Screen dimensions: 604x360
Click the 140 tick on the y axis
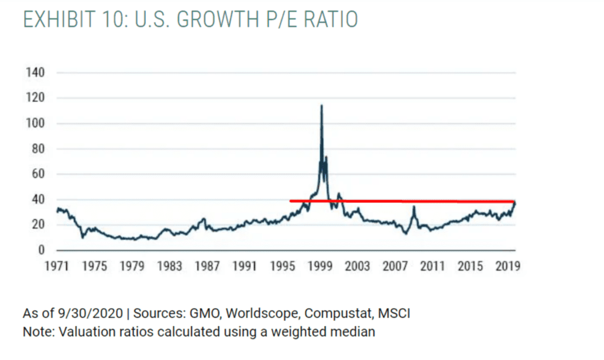tap(35, 73)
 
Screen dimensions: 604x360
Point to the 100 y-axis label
tap(35, 123)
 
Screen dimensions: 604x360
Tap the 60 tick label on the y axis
tap(38, 174)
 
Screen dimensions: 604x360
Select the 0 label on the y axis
tap(41, 250)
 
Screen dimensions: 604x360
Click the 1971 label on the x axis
tap(57, 266)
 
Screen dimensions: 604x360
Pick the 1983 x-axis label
tap(169, 266)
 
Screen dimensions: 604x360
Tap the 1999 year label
tap(320, 266)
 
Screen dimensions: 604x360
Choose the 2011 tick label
tap(432, 266)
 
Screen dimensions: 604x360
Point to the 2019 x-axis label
tap(508, 266)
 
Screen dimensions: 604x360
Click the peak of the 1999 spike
tap(321, 105)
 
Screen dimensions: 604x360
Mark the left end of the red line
tap(290, 201)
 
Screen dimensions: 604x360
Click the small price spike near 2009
tap(414, 207)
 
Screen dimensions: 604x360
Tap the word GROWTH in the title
tap(218, 19)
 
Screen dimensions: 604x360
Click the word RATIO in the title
tap(331, 19)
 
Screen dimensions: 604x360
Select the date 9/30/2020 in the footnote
tap(90, 313)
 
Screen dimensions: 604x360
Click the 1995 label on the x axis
tap(283, 266)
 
